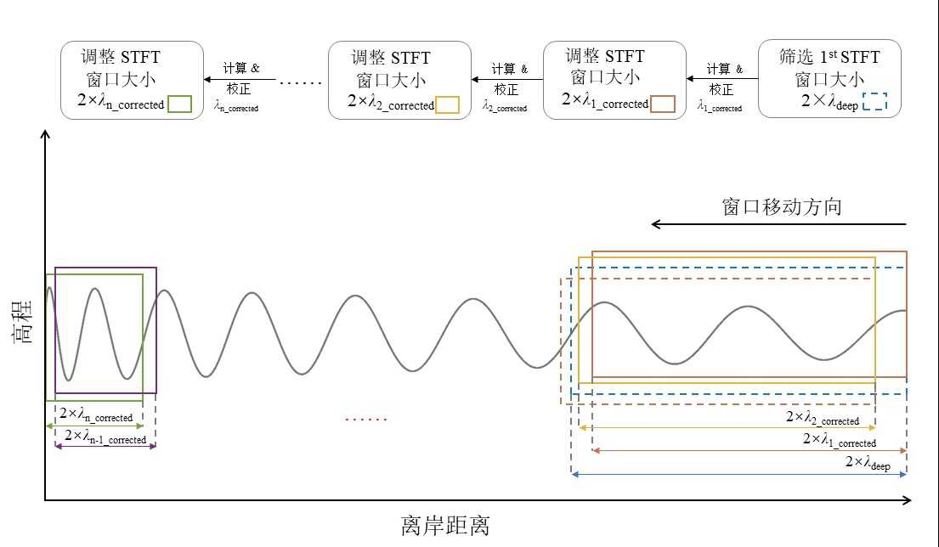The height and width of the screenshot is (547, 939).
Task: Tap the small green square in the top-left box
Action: coord(179,104)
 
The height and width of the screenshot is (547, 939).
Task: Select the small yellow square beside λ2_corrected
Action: coord(447,104)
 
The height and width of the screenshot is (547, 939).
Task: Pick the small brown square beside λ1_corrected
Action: coord(663,104)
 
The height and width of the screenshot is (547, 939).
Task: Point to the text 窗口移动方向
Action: coord(782,206)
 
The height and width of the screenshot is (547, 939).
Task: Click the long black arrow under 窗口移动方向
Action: coord(779,224)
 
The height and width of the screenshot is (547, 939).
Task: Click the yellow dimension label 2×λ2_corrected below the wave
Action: coord(822,418)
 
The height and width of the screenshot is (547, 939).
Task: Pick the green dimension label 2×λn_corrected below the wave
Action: coord(95,414)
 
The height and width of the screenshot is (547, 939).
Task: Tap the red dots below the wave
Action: coord(366,419)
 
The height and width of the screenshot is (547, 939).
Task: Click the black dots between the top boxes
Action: coord(301,82)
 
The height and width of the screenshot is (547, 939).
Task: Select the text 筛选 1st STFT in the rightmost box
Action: coord(829,58)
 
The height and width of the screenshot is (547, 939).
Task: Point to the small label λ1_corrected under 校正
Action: coord(719,107)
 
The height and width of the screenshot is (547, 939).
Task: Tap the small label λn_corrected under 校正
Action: coord(236,107)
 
